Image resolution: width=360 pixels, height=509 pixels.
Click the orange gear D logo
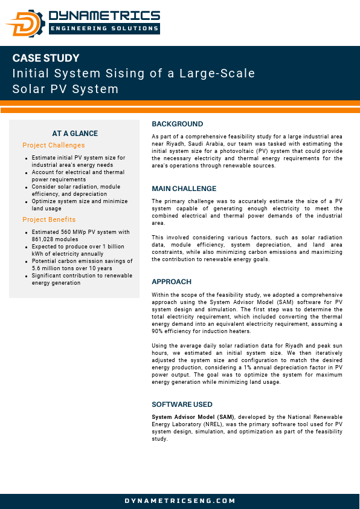click(25, 23)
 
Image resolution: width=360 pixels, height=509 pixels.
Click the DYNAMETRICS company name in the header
click(104, 16)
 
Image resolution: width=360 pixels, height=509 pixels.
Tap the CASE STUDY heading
click(46, 59)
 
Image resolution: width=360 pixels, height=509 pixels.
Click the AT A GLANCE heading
click(75, 134)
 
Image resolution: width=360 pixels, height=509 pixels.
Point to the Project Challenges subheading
click(54, 145)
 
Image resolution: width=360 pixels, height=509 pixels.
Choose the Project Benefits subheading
click(49, 219)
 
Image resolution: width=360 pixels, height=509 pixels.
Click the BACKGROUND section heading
click(177, 124)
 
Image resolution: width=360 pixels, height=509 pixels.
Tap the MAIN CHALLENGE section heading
click(184, 189)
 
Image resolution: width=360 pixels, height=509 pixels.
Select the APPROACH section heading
click(172, 282)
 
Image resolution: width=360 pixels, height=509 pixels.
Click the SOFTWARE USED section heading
click(182, 404)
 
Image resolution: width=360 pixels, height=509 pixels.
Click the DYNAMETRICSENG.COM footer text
click(180, 501)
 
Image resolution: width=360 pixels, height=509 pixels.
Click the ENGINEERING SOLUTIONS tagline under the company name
click(104, 28)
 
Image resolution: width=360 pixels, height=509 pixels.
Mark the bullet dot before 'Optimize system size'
click(27, 202)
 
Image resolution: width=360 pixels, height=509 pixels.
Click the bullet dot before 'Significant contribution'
click(27, 276)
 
